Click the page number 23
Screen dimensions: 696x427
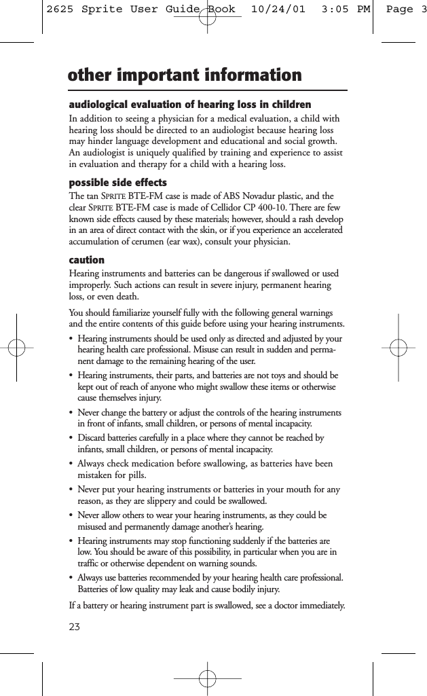pyautogui.click(x=75, y=626)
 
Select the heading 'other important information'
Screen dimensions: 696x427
pyautogui.click(x=185, y=75)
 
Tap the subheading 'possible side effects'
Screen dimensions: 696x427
pyautogui.click(x=118, y=183)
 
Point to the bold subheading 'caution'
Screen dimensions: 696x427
pyautogui.click(x=87, y=260)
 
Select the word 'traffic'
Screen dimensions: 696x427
pyautogui.click(x=92, y=564)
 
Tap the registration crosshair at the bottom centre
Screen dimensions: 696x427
pyautogui.click(x=208, y=678)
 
